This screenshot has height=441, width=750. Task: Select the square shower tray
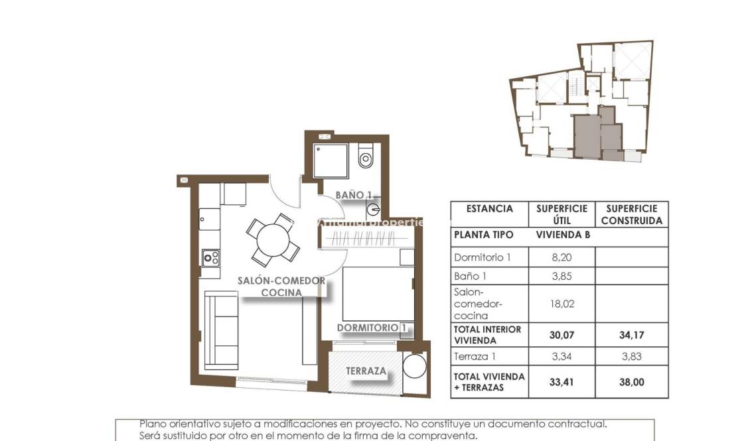coord(331,160)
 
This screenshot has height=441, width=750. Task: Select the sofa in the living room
coord(220,330)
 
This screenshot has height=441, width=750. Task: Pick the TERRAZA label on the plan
coord(366,371)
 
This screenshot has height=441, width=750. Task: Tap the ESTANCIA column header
coord(489,209)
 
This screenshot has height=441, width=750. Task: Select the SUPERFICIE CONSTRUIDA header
coord(631,215)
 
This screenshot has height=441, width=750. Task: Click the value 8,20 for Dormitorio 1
coord(562,257)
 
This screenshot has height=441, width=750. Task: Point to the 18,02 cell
coord(562,304)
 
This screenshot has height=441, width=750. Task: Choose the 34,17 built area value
coord(631,335)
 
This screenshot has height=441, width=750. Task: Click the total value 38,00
coord(631,382)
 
